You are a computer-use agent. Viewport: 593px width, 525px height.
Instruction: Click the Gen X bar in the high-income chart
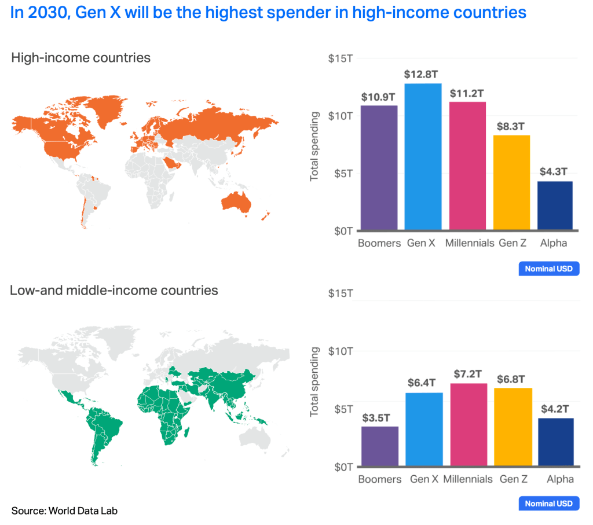pos(423,156)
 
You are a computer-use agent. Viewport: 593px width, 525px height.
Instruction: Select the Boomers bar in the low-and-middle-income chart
pos(380,446)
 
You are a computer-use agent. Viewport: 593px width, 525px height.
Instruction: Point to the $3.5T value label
pos(380,417)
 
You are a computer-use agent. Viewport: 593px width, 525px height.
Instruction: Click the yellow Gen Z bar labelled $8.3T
pos(511,182)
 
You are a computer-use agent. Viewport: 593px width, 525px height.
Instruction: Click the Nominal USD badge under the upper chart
pos(548,269)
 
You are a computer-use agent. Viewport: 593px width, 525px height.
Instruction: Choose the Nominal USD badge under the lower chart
pos(548,504)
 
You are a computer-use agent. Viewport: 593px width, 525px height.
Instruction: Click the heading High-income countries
pos(80,58)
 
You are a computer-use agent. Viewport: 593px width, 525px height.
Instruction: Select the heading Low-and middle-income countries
pos(114,290)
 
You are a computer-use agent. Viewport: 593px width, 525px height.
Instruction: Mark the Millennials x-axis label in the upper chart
pos(469,243)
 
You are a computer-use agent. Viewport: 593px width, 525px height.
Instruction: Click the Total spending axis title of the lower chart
pos(315,382)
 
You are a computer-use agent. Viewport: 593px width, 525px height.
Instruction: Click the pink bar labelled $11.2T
pos(467,166)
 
